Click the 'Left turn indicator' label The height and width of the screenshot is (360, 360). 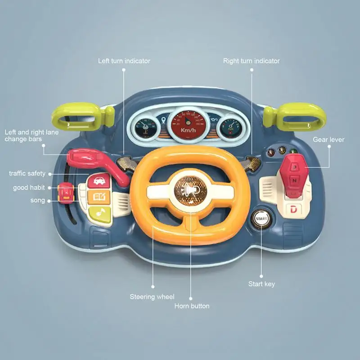click(x=124, y=61)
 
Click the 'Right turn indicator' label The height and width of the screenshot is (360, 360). click(x=251, y=61)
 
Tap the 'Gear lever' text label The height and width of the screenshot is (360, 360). click(x=328, y=139)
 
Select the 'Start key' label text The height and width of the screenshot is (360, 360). click(x=261, y=284)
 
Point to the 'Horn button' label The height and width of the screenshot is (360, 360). click(x=192, y=306)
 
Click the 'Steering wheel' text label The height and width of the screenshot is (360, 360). click(x=152, y=297)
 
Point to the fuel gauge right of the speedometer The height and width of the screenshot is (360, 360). click(x=231, y=128)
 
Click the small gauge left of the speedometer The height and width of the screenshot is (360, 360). click(x=145, y=128)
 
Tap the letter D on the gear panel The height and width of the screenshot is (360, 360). click(x=293, y=209)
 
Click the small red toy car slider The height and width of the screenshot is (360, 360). click(x=66, y=193)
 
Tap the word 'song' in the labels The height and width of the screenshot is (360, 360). click(x=38, y=200)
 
